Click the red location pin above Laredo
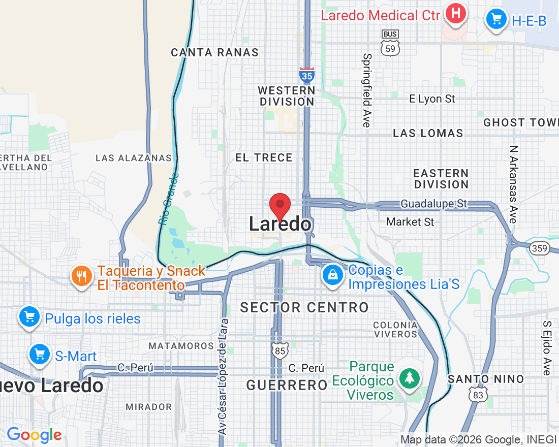point(279,206)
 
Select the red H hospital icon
point(456,14)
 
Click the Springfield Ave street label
point(367,90)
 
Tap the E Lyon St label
point(432,99)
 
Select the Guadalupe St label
point(433,204)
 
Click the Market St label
point(410,221)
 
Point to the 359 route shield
point(539,248)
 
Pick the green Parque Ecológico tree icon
point(409,377)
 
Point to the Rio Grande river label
point(169,199)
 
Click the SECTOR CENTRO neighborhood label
point(304,307)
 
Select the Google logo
point(34,435)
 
